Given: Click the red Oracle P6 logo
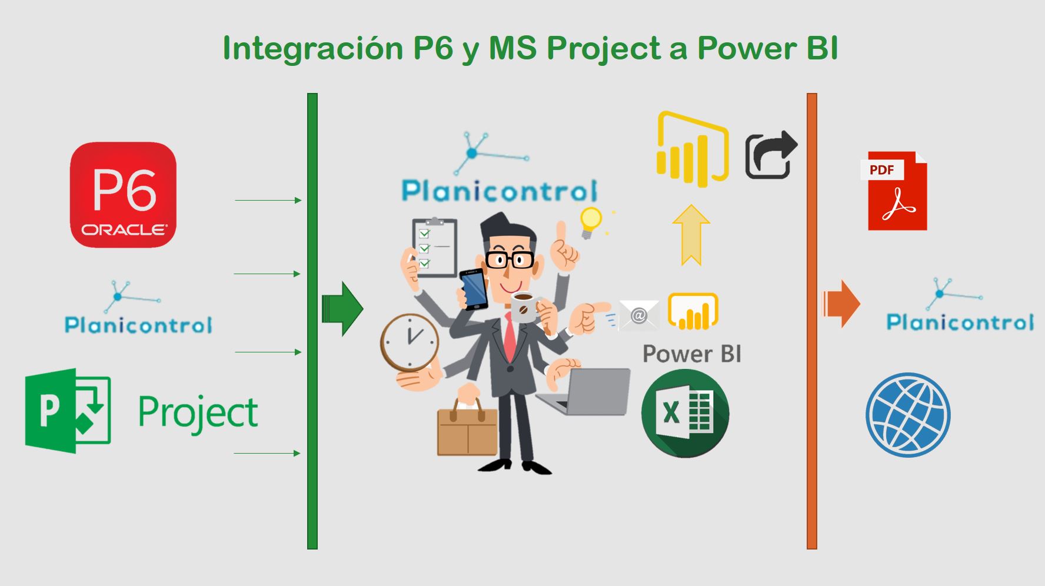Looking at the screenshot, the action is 123,195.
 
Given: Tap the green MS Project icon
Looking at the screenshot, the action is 68,411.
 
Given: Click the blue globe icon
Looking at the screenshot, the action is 908,415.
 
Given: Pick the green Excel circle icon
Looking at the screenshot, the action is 685,413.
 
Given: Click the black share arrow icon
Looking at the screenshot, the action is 771,154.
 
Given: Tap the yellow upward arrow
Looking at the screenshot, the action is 691,235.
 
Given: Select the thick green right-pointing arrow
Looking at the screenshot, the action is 342,309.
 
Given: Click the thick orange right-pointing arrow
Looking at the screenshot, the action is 841,304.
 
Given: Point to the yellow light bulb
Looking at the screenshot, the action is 591,222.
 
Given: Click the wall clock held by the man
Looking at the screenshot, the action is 410,343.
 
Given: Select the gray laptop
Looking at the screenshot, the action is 585,392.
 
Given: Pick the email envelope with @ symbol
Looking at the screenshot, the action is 638,315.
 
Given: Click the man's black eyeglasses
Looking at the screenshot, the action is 510,259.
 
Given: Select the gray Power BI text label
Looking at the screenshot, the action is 692,354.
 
